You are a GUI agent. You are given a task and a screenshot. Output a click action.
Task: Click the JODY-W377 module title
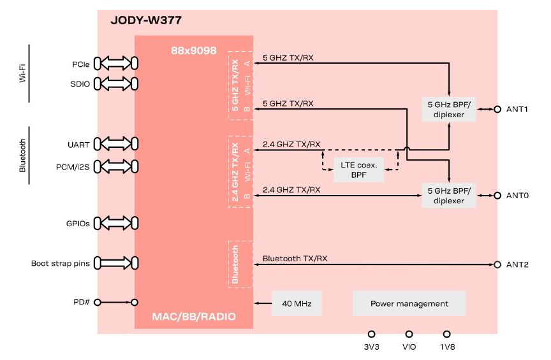click(145, 20)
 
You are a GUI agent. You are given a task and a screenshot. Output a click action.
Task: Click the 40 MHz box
click(297, 303)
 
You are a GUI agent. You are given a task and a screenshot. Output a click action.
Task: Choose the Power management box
click(409, 303)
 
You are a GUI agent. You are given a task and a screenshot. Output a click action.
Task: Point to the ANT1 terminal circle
click(497, 109)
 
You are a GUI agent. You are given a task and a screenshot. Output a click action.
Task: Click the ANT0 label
click(517, 196)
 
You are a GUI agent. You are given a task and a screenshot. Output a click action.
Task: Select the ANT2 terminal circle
click(497, 264)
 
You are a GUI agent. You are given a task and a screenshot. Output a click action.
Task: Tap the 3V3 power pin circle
click(371, 333)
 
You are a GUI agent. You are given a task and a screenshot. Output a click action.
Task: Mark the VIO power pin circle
click(409, 333)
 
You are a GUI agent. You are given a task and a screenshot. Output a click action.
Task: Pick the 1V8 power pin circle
click(447, 333)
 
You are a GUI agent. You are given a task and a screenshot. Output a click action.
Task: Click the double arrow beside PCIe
click(116, 64)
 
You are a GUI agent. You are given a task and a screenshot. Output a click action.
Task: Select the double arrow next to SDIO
click(116, 83)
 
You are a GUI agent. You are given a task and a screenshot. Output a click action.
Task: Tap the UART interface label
click(80, 144)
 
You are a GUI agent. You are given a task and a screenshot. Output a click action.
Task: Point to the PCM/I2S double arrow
click(116, 167)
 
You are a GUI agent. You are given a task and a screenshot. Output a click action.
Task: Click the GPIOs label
click(77, 223)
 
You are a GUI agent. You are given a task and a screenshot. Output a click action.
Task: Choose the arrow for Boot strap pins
click(116, 263)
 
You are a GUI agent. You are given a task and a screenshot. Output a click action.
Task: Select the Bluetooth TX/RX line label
click(295, 259)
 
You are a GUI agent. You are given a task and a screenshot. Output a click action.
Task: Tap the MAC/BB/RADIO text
click(194, 317)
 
